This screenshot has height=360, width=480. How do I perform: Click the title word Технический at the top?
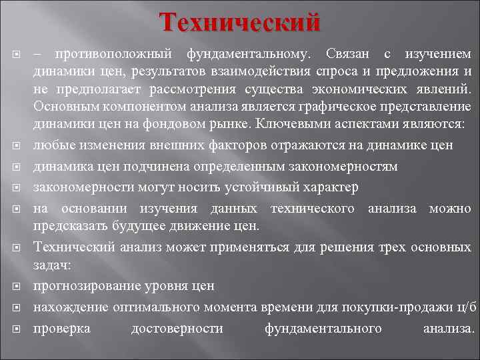pyautogui.click(x=240, y=22)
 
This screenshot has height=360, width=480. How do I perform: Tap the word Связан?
pyautogui.click(x=349, y=53)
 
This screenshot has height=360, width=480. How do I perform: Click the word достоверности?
pyautogui.click(x=177, y=329)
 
